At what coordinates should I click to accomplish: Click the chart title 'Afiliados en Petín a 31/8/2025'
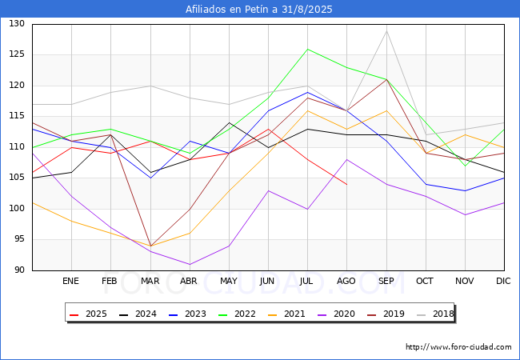click(x=259, y=10)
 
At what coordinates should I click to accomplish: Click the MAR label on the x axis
click(x=150, y=282)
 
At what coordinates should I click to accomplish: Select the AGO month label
click(x=346, y=282)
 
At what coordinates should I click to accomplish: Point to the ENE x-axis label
click(x=71, y=282)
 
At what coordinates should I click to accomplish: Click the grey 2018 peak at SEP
click(x=386, y=30)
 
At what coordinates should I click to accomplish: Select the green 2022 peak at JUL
click(x=308, y=49)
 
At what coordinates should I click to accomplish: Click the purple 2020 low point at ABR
click(x=190, y=264)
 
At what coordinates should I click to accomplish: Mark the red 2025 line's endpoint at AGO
click(x=346, y=184)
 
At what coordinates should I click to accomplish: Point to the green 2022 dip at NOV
click(x=465, y=166)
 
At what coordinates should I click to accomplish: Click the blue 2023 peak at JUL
click(x=308, y=92)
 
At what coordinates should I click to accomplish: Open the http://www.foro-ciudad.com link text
click(x=458, y=347)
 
